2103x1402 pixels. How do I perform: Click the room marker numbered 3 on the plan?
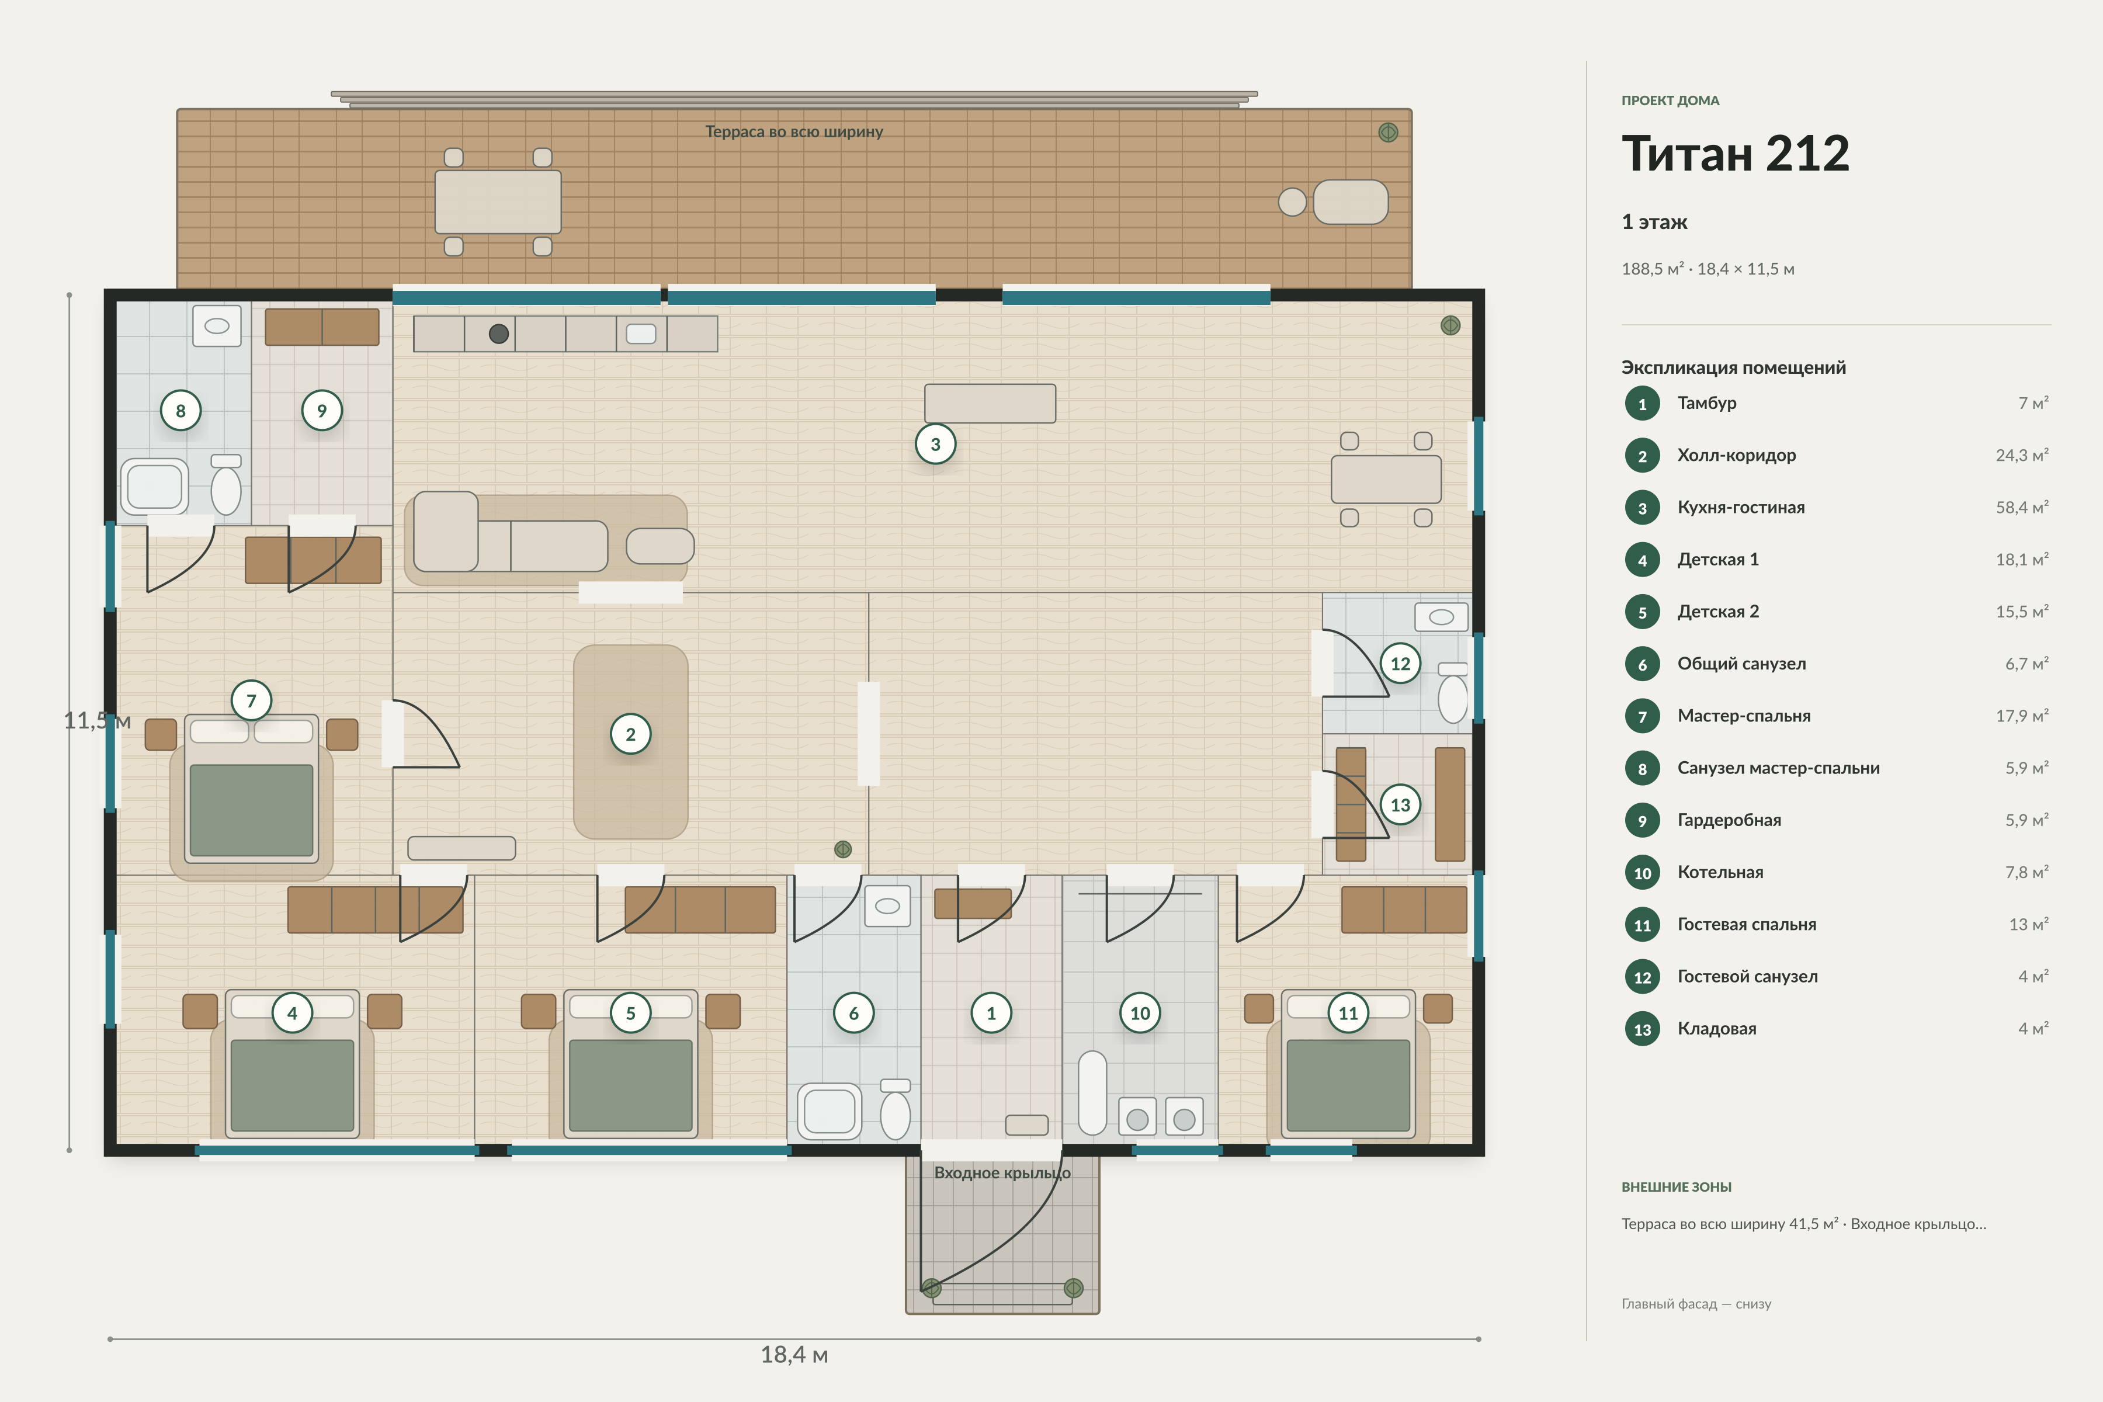coord(935,445)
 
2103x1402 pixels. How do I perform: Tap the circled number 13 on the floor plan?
coord(1400,805)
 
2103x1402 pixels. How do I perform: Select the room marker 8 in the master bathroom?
coord(181,411)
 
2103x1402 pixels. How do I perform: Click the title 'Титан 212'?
coord(1734,154)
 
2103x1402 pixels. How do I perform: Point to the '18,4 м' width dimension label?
coord(794,1355)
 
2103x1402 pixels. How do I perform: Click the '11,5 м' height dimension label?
coord(96,721)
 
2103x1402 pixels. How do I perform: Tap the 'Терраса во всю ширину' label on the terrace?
coord(794,131)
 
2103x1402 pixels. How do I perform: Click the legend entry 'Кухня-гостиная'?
coord(1741,507)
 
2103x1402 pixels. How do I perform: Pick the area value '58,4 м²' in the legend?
coord(2022,507)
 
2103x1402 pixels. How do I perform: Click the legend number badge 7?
coord(1642,716)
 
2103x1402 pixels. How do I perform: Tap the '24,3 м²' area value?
coord(2022,455)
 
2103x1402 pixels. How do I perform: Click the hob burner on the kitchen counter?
coord(499,334)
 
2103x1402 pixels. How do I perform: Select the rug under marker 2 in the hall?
coord(630,741)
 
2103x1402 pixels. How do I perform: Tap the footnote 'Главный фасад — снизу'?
coord(1696,1304)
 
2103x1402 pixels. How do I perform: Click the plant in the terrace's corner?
coord(1388,133)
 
